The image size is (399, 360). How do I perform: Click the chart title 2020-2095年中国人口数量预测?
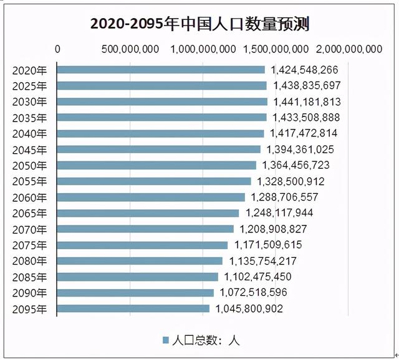click(199, 24)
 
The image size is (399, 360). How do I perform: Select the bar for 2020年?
click(161, 69)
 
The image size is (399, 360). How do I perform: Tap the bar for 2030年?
click(162, 101)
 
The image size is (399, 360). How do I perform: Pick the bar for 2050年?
click(156, 165)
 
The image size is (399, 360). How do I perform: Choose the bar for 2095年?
click(133, 308)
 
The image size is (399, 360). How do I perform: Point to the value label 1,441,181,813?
click(305, 102)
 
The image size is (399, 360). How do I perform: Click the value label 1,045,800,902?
click(249, 308)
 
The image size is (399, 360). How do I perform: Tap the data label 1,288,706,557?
click(284, 197)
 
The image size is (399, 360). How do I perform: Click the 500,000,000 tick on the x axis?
click(130, 50)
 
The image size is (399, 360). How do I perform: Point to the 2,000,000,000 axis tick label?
click(349, 50)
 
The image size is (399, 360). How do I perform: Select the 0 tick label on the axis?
click(58, 50)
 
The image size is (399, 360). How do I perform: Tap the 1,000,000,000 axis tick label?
click(203, 50)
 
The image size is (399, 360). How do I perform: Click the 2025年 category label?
click(29, 85)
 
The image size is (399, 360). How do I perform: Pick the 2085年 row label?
click(29, 277)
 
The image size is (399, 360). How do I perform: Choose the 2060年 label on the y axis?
click(29, 197)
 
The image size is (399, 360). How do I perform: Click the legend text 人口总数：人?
click(206, 340)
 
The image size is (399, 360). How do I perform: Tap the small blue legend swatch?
click(166, 340)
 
